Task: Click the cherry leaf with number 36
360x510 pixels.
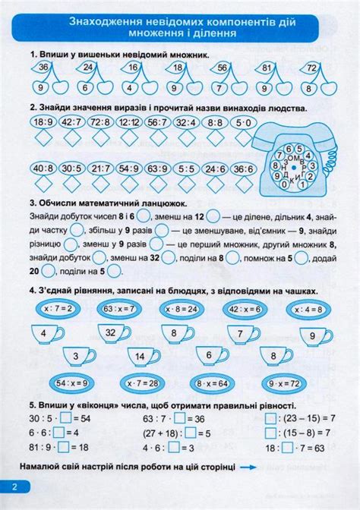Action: [x=44, y=69]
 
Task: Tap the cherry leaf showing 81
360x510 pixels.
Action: [x=266, y=69]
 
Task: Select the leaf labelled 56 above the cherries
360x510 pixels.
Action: [x=222, y=69]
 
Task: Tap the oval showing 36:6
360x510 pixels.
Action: [x=243, y=168]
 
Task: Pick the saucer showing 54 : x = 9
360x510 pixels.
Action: [x=74, y=383]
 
